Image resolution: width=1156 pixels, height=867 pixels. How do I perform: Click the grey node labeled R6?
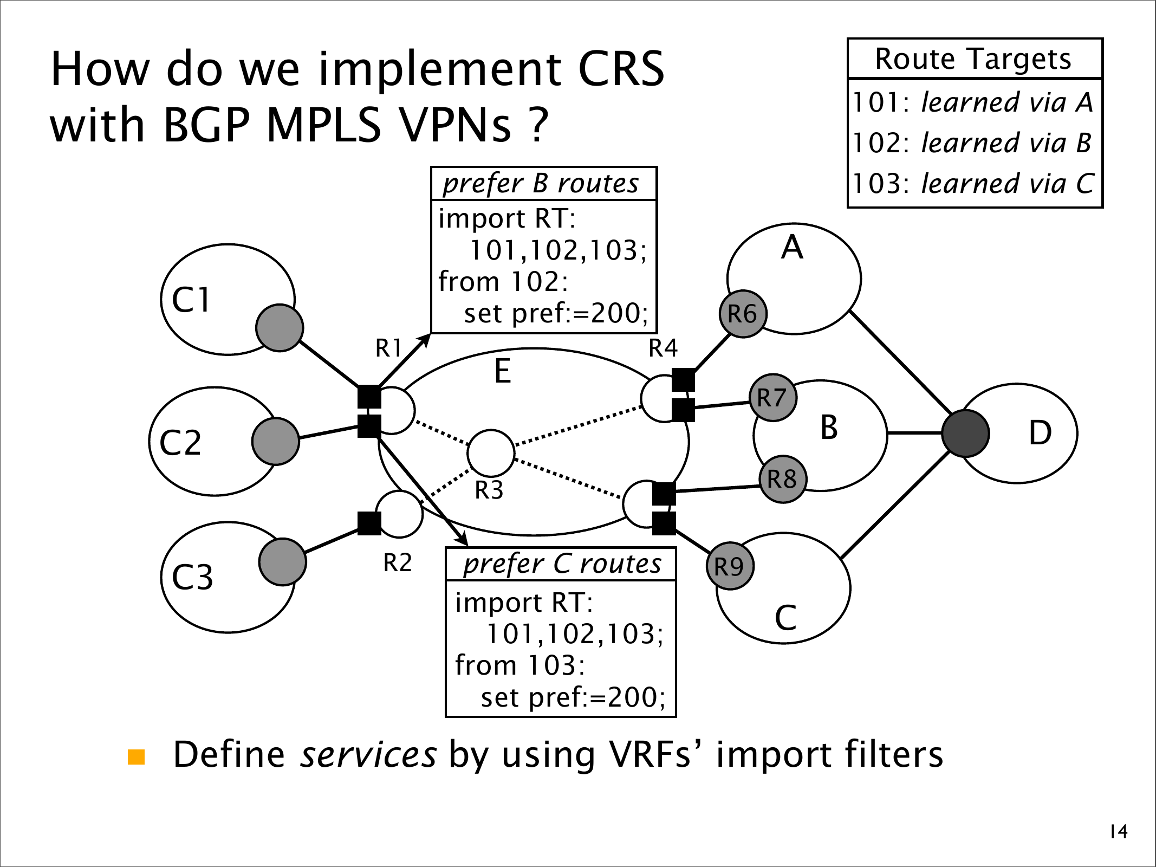743,314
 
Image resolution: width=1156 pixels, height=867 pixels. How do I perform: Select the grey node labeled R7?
772,398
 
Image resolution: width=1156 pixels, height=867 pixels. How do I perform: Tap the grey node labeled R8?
783,479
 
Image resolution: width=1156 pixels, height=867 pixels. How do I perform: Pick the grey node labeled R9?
730,566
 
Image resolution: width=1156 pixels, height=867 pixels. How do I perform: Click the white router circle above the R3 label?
491,453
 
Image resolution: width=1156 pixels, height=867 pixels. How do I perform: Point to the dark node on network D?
965,433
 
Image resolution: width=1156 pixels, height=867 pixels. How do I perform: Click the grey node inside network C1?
280,328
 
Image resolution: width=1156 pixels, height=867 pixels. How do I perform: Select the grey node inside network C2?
276,441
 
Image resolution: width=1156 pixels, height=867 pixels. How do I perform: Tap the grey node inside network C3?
282,562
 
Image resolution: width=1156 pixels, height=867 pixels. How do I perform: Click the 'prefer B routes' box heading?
542,184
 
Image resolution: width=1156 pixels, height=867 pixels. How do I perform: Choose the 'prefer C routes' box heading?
562,564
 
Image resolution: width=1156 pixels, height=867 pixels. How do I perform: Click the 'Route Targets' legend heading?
973,59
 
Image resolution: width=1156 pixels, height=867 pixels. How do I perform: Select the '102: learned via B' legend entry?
972,143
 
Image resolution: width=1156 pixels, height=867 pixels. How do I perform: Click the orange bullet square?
137,757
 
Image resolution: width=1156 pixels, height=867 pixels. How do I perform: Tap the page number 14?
1119,831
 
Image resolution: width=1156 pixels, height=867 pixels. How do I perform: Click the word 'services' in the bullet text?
368,755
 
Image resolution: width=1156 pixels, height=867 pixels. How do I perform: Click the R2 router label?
398,563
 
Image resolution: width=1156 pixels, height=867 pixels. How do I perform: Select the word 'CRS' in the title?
621,69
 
